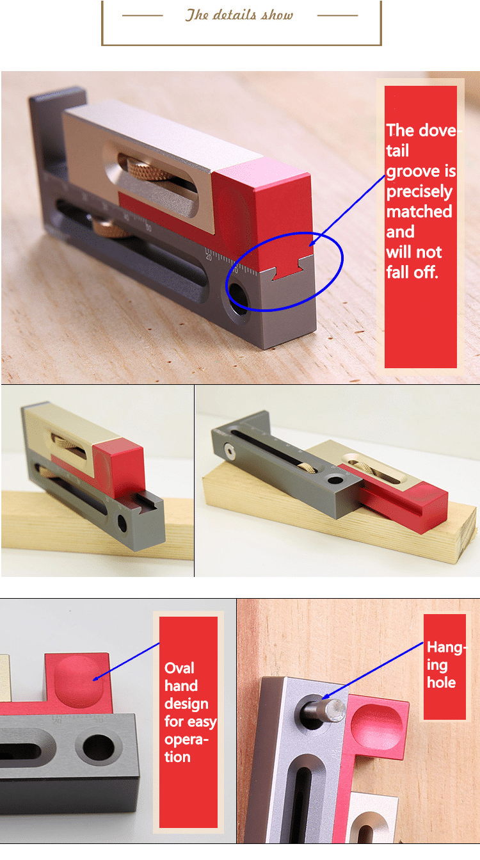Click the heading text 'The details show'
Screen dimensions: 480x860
tap(239, 15)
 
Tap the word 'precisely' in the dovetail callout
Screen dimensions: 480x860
tap(419, 191)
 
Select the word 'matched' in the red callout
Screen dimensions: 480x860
tap(419, 211)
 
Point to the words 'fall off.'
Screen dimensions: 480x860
tap(412, 272)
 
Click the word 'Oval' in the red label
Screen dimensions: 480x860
tap(179, 668)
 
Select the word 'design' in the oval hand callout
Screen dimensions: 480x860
tap(186, 704)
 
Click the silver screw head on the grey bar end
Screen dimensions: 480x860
tap(230, 451)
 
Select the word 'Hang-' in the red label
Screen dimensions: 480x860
tap(446, 647)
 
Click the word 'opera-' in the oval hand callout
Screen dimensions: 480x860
tap(186, 740)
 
